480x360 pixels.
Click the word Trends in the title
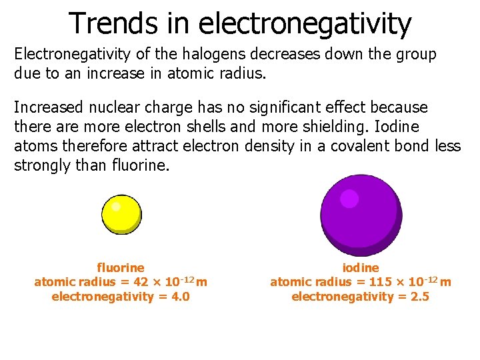[113, 23]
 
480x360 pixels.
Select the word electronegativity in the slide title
[306, 24]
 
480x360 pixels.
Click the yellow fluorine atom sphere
[121, 215]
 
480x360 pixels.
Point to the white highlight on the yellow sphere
[116, 206]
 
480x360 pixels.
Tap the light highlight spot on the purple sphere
[349, 199]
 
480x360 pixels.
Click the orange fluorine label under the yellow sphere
[121, 268]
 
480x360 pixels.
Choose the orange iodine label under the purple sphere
[361, 268]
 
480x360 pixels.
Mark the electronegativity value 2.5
[421, 297]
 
